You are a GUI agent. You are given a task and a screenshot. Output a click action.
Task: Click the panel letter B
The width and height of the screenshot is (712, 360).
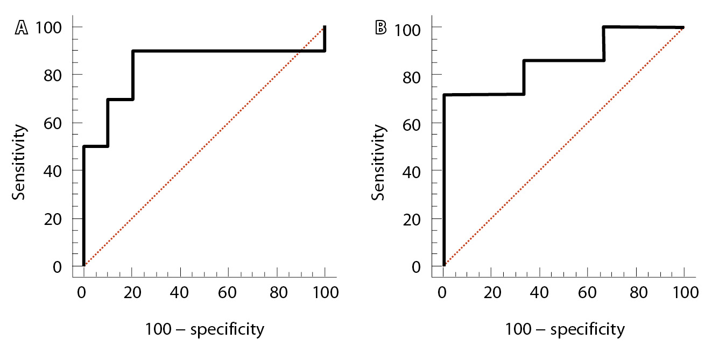380,27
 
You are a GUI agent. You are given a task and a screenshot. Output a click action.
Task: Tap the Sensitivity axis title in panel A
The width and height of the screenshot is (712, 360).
20,163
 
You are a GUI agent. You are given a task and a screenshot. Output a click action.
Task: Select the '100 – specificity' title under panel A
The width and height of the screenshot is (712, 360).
205,329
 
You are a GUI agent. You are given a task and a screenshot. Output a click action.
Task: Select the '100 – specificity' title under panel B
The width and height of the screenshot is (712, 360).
565,329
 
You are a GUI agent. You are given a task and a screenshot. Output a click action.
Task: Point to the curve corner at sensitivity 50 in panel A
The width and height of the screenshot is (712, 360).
84,146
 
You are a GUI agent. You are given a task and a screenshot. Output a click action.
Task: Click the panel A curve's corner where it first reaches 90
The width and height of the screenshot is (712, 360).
132,51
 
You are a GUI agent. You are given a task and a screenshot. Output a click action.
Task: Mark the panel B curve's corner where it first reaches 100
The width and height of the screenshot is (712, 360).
604,27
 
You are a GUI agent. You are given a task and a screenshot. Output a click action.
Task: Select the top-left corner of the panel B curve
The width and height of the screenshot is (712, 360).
444,95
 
